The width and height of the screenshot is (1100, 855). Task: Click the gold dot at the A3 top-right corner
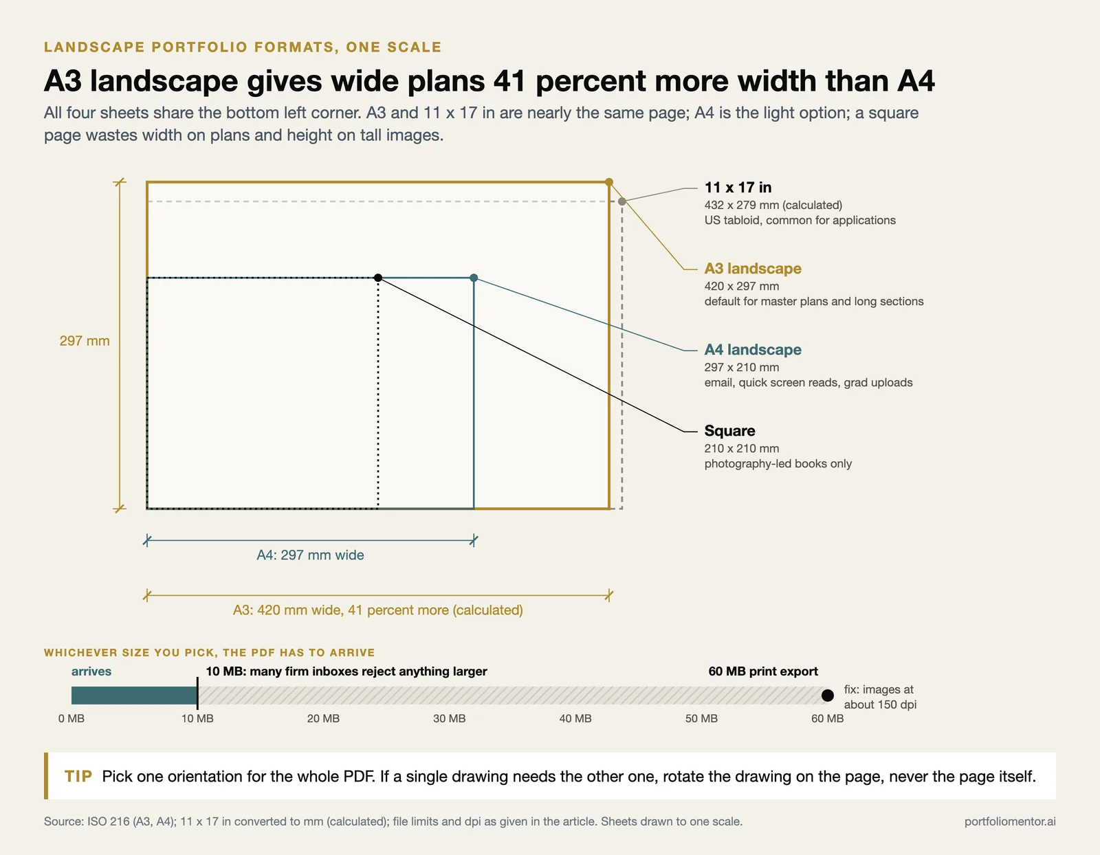pyautogui.click(x=609, y=181)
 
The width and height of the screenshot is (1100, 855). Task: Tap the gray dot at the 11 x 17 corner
pyautogui.click(x=622, y=201)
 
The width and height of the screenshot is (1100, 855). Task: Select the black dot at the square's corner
pyautogui.click(x=378, y=278)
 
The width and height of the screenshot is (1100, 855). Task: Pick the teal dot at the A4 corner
pyautogui.click(x=474, y=278)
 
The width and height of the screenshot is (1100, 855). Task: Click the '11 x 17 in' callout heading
pyautogui.click(x=738, y=187)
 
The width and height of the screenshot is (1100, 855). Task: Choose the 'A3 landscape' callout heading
pyautogui.click(x=753, y=268)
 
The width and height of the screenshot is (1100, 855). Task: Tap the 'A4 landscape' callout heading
pyautogui.click(x=753, y=349)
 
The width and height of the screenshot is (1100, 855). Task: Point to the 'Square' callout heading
pyautogui.click(x=729, y=430)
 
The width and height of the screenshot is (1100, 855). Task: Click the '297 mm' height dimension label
pyautogui.click(x=85, y=340)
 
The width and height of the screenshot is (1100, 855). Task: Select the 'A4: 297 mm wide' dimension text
pyautogui.click(x=310, y=555)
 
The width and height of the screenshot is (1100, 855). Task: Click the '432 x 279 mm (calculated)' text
pyautogui.click(x=773, y=205)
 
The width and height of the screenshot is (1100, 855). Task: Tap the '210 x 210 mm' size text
pyautogui.click(x=742, y=448)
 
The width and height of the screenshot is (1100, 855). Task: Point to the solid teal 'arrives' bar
pyautogui.click(x=134, y=695)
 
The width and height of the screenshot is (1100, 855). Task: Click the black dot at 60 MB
pyautogui.click(x=827, y=695)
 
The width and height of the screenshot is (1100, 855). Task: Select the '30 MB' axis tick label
pyautogui.click(x=449, y=718)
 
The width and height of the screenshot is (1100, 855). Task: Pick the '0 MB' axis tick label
pyautogui.click(x=71, y=718)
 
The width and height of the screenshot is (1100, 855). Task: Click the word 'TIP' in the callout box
pyautogui.click(x=78, y=776)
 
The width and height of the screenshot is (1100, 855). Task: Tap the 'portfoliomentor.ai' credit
pyautogui.click(x=1010, y=821)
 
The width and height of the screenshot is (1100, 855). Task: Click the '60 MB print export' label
pyautogui.click(x=763, y=671)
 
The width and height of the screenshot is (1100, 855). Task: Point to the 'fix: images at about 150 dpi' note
pyautogui.click(x=880, y=697)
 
